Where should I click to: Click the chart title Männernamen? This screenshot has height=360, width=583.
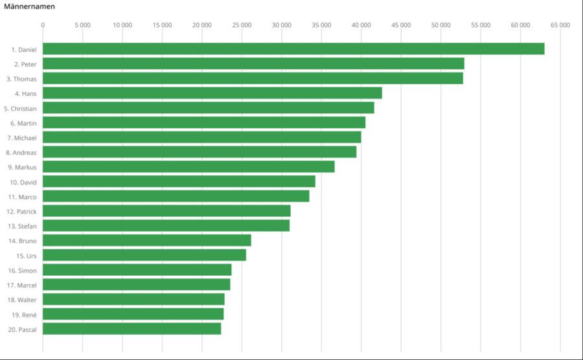coord(29,6)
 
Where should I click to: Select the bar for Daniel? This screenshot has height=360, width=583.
coord(293,49)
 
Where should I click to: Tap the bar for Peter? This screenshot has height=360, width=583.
coord(253,63)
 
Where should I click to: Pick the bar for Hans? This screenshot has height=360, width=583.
coord(212,93)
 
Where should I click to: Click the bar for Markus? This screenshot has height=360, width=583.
coord(189,167)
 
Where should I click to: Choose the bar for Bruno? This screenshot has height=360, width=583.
coord(147,241)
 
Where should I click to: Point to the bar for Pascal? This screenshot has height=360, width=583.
coord(132,329)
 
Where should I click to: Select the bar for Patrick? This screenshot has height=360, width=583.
coord(166,211)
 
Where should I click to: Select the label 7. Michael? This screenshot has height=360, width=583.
coord(22,138)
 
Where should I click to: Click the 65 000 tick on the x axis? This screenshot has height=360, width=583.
coord(560,25)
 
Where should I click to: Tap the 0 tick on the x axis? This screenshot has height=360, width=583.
coord(43,25)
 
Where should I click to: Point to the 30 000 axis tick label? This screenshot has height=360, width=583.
coord(282,25)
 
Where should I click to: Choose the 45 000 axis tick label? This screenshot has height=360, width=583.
coord(401,25)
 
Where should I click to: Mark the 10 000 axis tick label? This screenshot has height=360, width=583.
coord(122,25)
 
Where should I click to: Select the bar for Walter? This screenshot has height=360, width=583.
coord(133,299)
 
